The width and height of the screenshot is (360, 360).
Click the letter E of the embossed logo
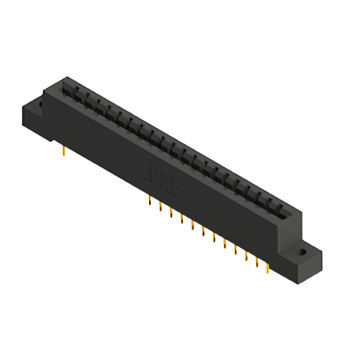tap(144, 171)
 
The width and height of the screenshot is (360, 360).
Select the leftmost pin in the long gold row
tap(149, 201)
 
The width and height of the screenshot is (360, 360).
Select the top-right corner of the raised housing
tap(301, 213)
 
